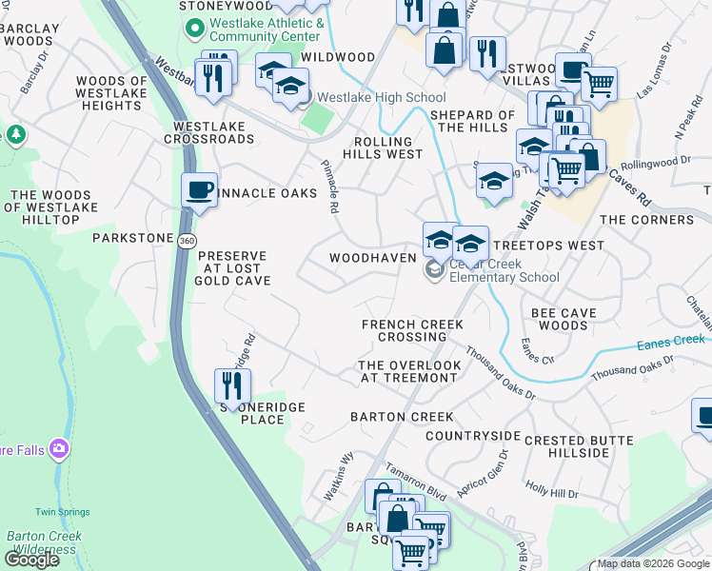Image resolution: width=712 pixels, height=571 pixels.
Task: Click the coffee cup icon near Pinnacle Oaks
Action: (200, 189)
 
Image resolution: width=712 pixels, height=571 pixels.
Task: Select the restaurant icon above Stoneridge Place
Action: (232, 384)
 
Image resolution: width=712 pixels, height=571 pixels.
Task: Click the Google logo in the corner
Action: (31, 560)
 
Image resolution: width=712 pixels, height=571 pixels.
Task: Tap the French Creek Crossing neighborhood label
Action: (412, 330)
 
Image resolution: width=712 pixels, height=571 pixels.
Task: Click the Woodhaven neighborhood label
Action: (372, 258)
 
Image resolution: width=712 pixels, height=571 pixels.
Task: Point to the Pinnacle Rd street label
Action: (329, 187)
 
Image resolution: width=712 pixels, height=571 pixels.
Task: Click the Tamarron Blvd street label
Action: (415, 481)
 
